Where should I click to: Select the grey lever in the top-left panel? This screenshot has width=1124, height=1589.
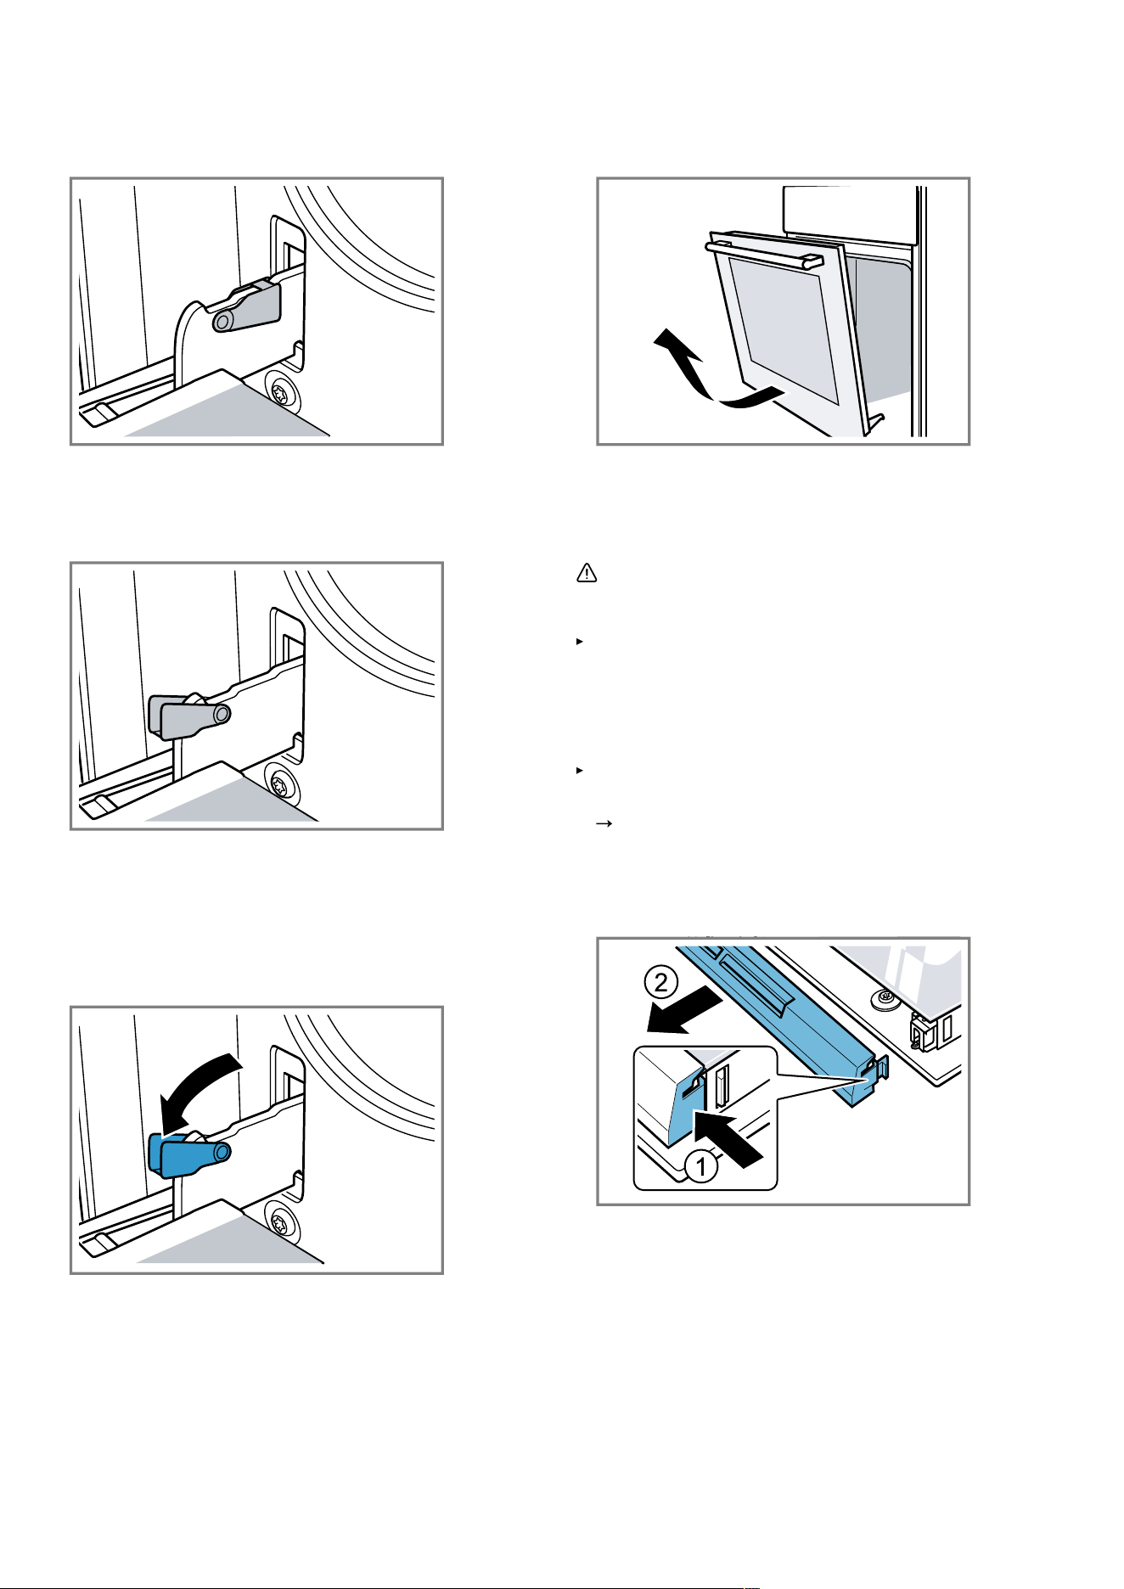point(247,306)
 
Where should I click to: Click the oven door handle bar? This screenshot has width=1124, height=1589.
point(764,255)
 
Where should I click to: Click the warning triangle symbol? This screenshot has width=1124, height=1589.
point(587,573)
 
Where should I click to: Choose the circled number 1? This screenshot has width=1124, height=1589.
point(701,1168)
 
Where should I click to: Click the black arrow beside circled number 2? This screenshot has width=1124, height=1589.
point(684,1013)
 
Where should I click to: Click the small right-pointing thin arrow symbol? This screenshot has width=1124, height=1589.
point(604,823)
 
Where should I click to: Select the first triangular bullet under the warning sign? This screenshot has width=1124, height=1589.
point(579,642)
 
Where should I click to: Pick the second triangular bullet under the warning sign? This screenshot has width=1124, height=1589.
point(579,770)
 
